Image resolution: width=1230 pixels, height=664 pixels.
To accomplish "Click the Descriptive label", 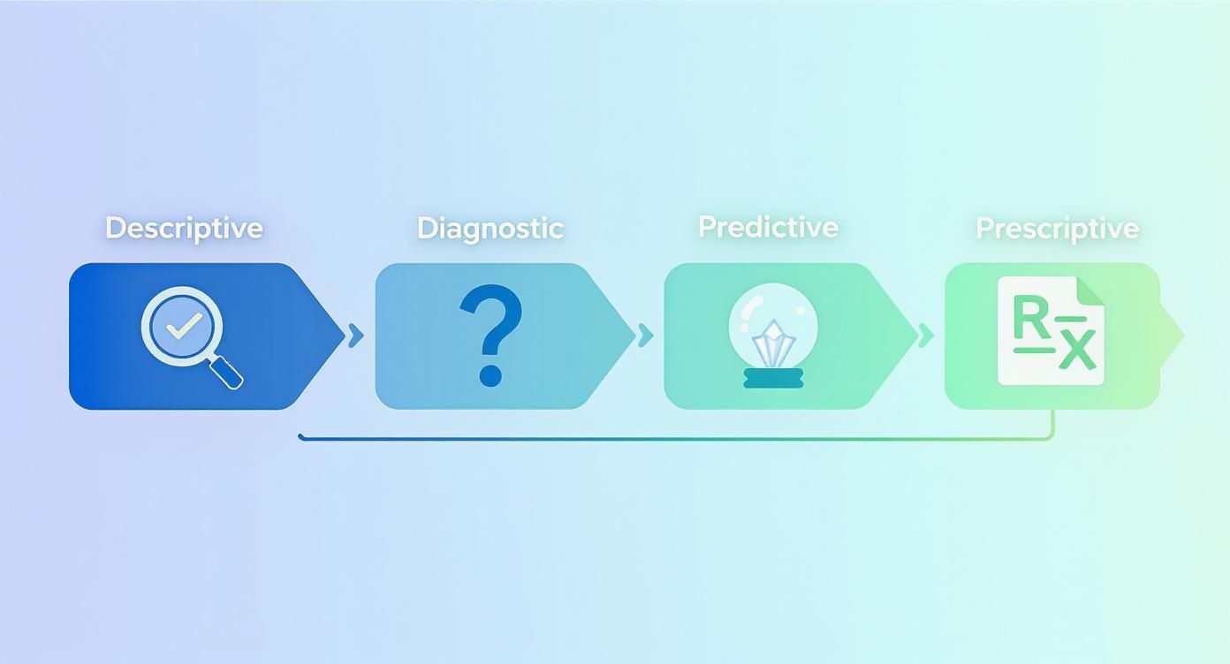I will click(x=184, y=228).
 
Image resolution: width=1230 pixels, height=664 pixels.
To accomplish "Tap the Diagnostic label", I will click(x=490, y=228).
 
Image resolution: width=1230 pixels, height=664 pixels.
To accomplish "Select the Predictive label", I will click(x=768, y=227).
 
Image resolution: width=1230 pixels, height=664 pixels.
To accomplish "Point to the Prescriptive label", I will click(x=1057, y=228).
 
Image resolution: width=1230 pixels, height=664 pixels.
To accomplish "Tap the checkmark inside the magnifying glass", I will click(x=182, y=327).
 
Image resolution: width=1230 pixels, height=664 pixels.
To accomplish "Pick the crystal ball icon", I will click(x=773, y=336).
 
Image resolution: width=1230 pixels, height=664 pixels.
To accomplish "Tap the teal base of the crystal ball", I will click(x=773, y=378).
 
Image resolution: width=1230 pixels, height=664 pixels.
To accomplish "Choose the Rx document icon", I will click(x=1051, y=330).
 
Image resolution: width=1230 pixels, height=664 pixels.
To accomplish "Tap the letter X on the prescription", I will click(x=1077, y=350).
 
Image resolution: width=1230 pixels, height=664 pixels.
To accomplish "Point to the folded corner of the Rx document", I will click(x=1091, y=290).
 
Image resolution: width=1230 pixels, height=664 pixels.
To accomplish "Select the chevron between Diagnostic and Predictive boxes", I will click(x=645, y=336).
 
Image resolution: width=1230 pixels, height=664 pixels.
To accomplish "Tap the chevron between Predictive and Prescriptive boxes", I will click(x=925, y=336).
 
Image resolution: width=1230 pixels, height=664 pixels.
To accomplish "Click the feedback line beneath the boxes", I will click(x=672, y=438).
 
